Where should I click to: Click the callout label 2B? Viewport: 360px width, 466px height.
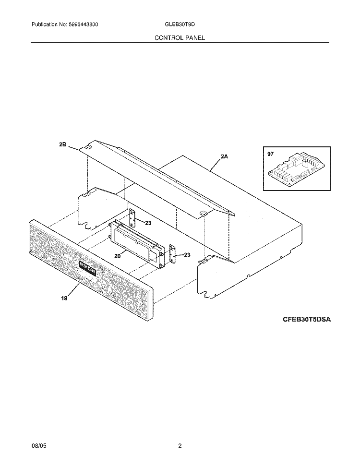62,145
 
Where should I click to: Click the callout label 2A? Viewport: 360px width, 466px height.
224,156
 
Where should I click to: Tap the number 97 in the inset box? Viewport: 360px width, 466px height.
270,154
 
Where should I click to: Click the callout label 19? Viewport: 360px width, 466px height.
64,298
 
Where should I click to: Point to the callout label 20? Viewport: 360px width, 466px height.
118,256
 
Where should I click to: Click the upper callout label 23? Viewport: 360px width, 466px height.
148,223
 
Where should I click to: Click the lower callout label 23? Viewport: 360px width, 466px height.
187,255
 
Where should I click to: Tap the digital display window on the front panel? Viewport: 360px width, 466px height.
87,267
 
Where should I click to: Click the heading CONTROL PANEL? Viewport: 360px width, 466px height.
180,38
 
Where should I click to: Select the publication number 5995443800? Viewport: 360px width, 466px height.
83,24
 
